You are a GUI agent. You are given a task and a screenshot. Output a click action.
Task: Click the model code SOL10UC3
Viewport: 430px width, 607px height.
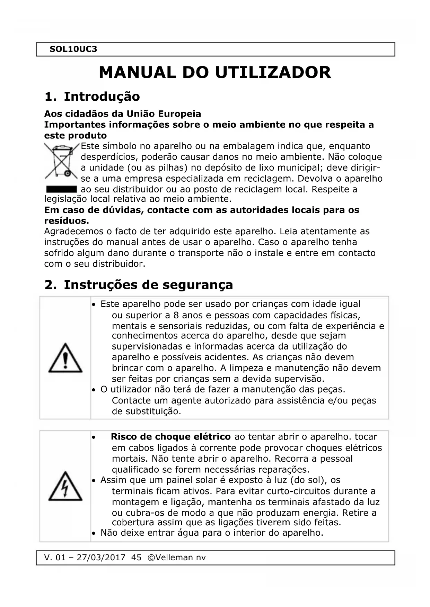[73, 49]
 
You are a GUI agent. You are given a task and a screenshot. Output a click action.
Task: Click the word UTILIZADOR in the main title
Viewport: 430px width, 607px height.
[273, 73]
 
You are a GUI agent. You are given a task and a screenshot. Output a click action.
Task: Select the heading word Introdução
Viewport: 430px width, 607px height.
[102, 97]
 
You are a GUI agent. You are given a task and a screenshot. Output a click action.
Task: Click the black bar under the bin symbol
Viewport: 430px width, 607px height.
[61, 189]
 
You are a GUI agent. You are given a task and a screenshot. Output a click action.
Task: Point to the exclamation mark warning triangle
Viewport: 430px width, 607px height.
[65, 358]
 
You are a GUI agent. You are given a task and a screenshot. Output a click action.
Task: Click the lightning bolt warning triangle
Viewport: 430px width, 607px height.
[65, 486]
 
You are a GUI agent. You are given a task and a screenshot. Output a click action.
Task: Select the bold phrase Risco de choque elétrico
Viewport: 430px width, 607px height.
[170, 437]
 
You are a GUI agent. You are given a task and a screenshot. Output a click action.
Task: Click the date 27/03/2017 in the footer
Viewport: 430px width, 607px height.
[101, 558]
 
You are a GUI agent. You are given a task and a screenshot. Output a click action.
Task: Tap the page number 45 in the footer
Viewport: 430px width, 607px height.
[137, 558]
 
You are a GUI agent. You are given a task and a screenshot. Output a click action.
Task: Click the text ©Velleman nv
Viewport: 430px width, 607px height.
[176, 558]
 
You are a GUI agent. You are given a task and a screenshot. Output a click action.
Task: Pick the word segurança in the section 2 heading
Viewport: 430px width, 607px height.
[198, 285]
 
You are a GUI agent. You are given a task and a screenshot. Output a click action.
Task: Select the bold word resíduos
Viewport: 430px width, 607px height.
[67, 221]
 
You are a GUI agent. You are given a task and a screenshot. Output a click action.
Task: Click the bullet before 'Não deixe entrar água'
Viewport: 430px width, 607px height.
[94, 533]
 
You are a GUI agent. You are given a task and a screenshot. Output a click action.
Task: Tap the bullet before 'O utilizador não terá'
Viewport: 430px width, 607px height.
[94, 390]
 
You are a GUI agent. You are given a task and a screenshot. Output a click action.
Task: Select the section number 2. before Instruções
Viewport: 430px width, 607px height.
[50, 285]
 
